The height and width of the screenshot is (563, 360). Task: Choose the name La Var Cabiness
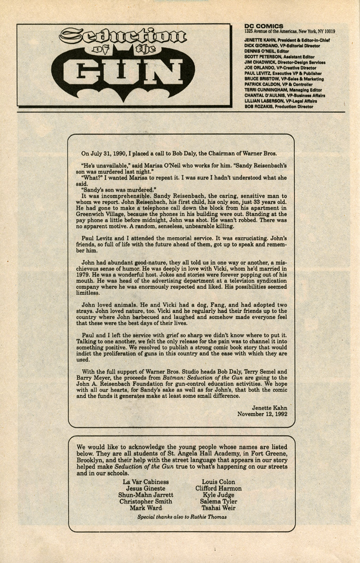(146, 482)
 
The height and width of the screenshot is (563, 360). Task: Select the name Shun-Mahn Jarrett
(146, 495)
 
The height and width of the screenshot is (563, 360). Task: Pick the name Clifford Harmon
(218, 488)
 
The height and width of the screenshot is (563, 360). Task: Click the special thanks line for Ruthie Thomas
(182, 517)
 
